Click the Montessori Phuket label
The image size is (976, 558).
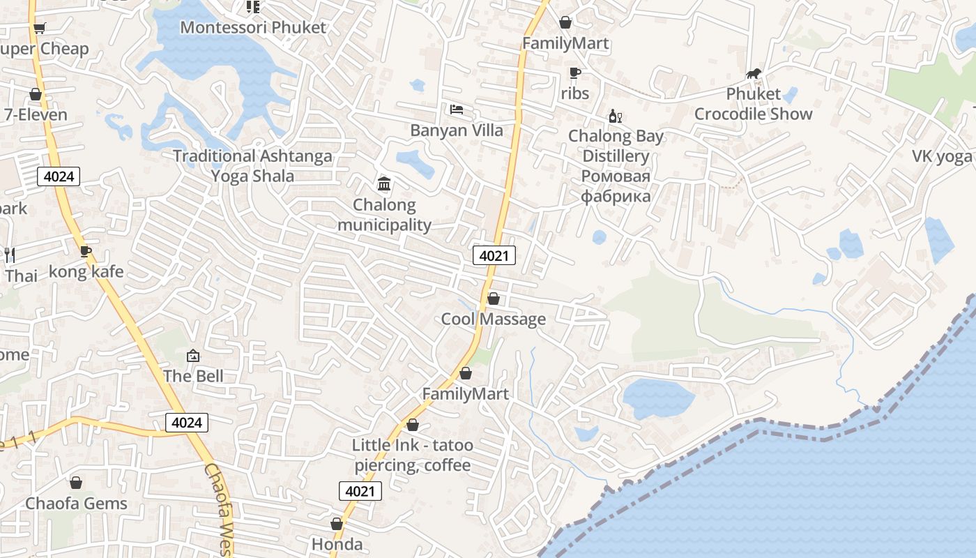point(253,28)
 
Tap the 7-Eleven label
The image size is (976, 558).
point(36,115)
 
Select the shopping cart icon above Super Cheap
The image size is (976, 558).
point(39,28)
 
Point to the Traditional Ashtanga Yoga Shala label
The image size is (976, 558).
point(252,166)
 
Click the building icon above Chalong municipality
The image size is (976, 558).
point(383,184)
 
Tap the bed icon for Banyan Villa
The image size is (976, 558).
point(457,110)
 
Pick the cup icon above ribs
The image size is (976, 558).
point(574,73)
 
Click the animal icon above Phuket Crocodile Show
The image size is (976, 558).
point(753,73)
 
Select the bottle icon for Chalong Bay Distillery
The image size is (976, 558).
point(615,116)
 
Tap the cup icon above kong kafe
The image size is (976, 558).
point(86,251)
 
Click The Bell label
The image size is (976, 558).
point(193,377)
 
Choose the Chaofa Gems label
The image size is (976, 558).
point(76,504)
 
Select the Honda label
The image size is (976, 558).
point(337,544)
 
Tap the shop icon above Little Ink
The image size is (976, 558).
point(413,425)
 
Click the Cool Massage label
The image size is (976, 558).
point(493,319)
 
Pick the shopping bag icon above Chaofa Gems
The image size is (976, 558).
point(76,483)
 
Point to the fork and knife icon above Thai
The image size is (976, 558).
point(10,255)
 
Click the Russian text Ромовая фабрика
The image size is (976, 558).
point(616,186)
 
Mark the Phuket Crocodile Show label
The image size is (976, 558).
point(753,104)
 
